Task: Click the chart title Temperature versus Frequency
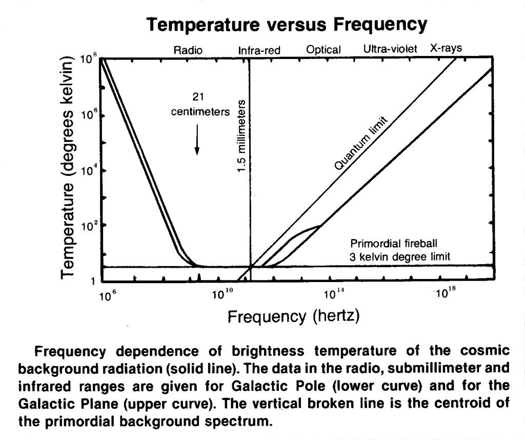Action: coord(287,24)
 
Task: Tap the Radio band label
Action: coord(188,50)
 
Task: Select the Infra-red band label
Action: coord(259,50)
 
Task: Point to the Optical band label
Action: coord(324,50)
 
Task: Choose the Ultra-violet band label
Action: coord(390,49)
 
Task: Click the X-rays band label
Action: coord(446,48)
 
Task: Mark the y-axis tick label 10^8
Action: coord(88,61)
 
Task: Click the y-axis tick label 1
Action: coord(93,281)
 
